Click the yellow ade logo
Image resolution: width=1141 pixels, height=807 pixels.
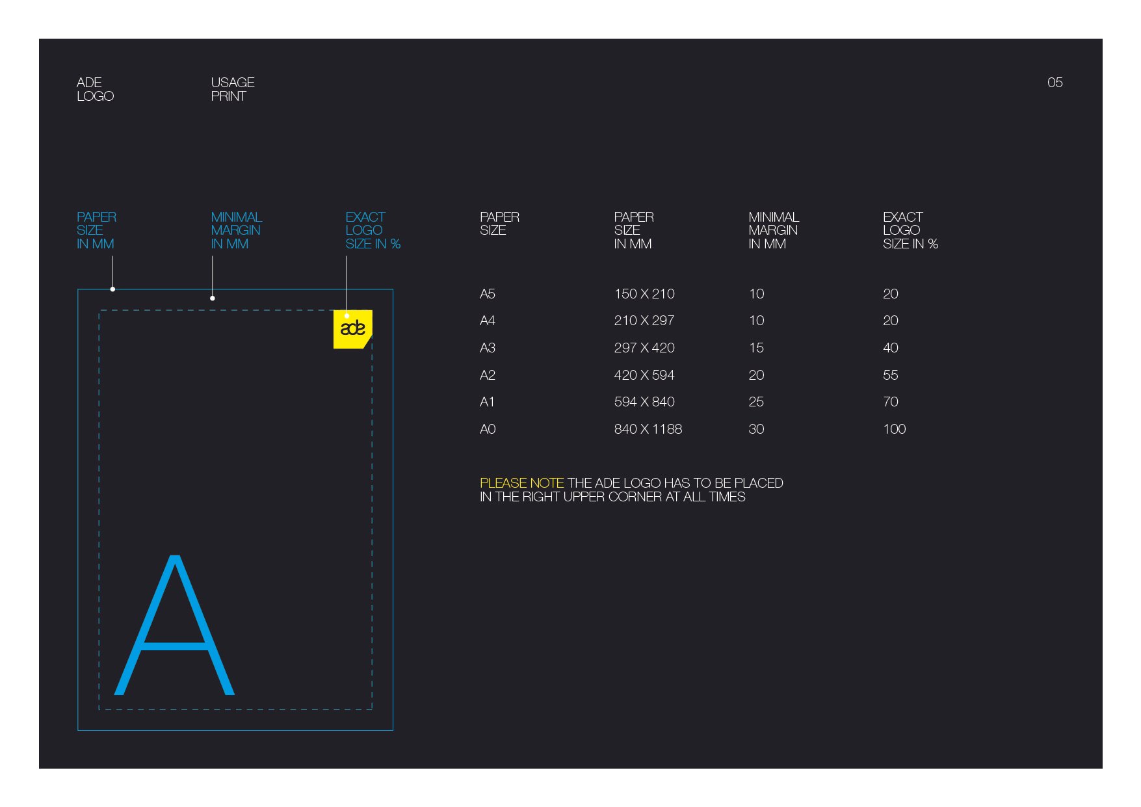(352, 329)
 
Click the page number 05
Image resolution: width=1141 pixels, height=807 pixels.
(1055, 83)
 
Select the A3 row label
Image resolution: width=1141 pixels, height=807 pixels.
(488, 348)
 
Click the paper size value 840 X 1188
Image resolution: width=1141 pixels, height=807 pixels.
(648, 429)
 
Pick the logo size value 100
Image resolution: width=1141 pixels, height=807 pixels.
(895, 429)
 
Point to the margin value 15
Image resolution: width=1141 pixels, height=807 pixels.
(756, 348)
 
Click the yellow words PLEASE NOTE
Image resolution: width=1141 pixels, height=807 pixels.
(521, 483)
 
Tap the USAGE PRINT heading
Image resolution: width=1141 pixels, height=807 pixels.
(233, 89)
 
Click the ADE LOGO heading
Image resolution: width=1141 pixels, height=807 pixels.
(95, 89)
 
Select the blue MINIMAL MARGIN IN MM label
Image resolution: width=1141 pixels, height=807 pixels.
(236, 230)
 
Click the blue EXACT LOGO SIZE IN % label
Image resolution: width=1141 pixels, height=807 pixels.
(373, 230)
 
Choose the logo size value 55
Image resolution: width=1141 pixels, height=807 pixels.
(891, 375)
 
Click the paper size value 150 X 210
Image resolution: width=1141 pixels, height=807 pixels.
(644, 294)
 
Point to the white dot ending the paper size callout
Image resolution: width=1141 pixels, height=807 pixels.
(112, 289)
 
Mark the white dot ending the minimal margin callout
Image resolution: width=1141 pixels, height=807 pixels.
(213, 298)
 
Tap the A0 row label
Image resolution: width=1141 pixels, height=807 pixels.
(488, 429)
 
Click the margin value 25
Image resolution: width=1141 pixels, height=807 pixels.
(756, 402)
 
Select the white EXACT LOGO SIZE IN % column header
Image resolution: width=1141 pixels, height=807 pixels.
(910, 230)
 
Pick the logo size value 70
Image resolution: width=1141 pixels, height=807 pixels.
(891, 402)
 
